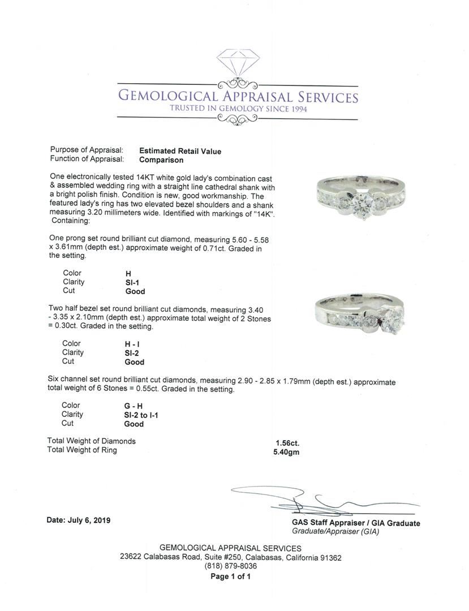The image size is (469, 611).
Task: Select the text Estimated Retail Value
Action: pyautogui.click(x=180, y=151)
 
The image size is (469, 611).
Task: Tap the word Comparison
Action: pyautogui.click(x=161, y=160)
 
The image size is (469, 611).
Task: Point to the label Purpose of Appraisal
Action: pyautogui.click(x=87, y=150)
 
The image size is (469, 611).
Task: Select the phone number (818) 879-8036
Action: pyautogui.click(x=230, y=566)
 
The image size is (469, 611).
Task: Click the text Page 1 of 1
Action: pyautogui.click(x=230, y=576)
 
